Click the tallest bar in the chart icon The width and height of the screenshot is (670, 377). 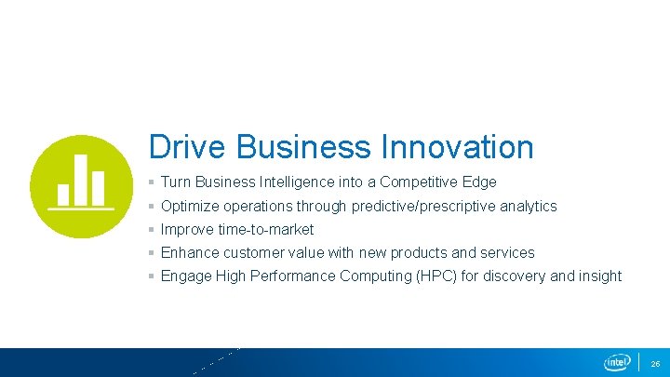(80, 179)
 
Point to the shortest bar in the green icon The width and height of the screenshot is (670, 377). (63, 194)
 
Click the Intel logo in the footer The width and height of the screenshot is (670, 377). (617, 362)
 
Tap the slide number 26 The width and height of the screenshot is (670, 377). (655, 363)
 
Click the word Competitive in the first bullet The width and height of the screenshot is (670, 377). (422, 182)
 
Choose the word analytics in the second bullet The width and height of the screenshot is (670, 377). (529, 206)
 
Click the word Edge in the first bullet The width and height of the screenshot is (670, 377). (481, 182)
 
